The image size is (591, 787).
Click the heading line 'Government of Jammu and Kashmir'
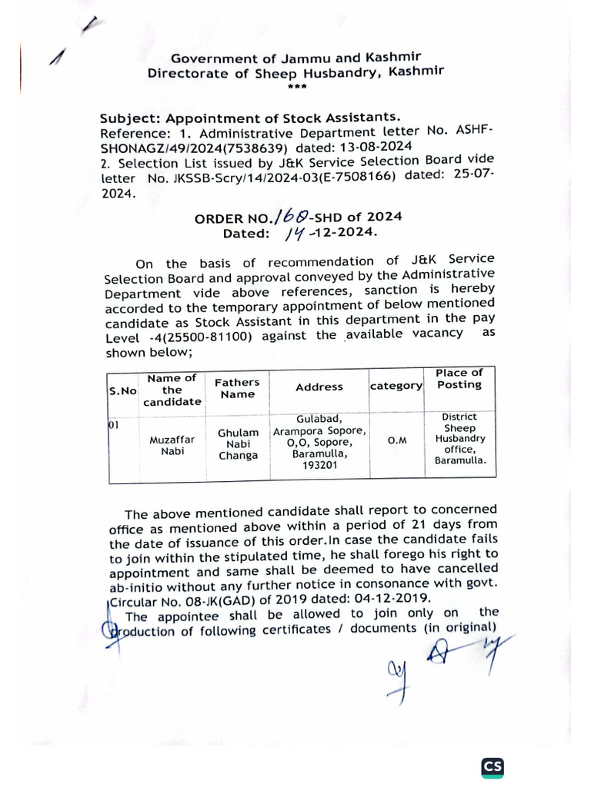pyautogui.click(x=295, y=58)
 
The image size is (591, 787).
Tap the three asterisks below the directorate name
pyautogui.click(x=296, y=87)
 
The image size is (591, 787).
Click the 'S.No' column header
pyautogui.click(x=122, y=390)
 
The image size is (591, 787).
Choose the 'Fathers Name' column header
pyautogui.click(x=237, y=388)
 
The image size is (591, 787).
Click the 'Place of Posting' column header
pyautogui.click(x=459, y=379)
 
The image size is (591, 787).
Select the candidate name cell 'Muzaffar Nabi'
pyautogui.click(x=172, y=445)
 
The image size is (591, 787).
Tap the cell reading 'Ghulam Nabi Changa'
pyautogui.click(x=238, y=444)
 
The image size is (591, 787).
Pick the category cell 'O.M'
pyautogui.click(x=397, y=440)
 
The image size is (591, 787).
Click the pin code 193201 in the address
pyautogui.click(x=319, y=465)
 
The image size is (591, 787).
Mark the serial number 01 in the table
pyautogui.click(x=114, y=424)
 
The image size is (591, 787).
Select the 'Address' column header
pyautogui.click(x=319, y=387)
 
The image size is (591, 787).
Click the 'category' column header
pyautogui.click(x=397, y=386)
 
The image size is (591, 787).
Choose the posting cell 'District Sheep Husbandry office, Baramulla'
pyautogui.click(x=459, y=440)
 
